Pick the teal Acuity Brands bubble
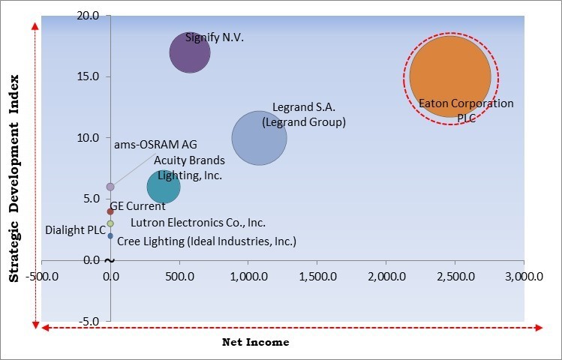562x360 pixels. pyautogui.click(x=163, y=187)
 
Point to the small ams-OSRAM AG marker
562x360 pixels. pyautogui.click(x=110, y=186)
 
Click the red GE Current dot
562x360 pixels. pyautogui.click(x=110, y=211)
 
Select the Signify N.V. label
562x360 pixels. pyautogui.click(x=215, y=37)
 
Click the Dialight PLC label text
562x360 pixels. pyautogui.click(x=75, y=230)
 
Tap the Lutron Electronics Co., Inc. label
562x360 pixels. pyautogui.click(x=197, y=223)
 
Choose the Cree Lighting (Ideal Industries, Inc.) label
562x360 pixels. pyautogui.click(x=206, y=241)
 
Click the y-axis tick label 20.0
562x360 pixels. pyautogui.click(x=89, y=16)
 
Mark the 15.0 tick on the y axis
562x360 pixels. pyautogui.click(x=89, y=76)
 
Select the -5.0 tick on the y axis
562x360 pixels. pyautogui.click(x=90, y=321)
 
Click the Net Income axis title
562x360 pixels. pyautogui.click(x=255, y=342)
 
